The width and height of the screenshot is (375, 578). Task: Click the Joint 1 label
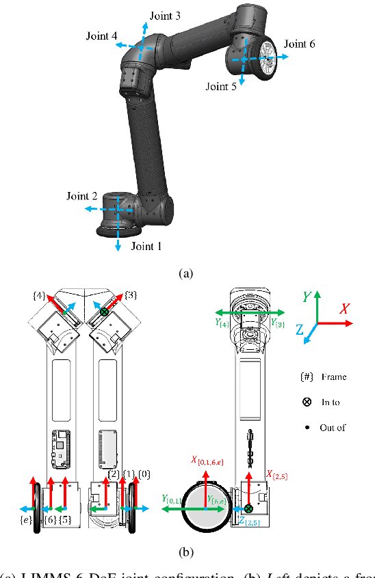click(x=146, y=246)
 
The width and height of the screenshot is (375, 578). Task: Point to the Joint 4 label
click(x=102, y=36)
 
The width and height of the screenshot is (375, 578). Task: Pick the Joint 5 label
click(x=222, y=87)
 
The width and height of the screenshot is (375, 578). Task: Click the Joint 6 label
click(x=299, y=44)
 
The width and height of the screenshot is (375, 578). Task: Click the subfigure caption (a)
click(x=185, y=273)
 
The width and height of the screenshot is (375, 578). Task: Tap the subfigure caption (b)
click(x=185, y=551)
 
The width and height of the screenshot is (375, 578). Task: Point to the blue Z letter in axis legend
click(x=299, y=329)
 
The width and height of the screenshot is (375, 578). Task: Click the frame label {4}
click(x=39, y=295)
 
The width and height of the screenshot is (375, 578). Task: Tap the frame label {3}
click(x=131, y=295)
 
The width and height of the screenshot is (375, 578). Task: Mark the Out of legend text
click(x=333, y=428)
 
